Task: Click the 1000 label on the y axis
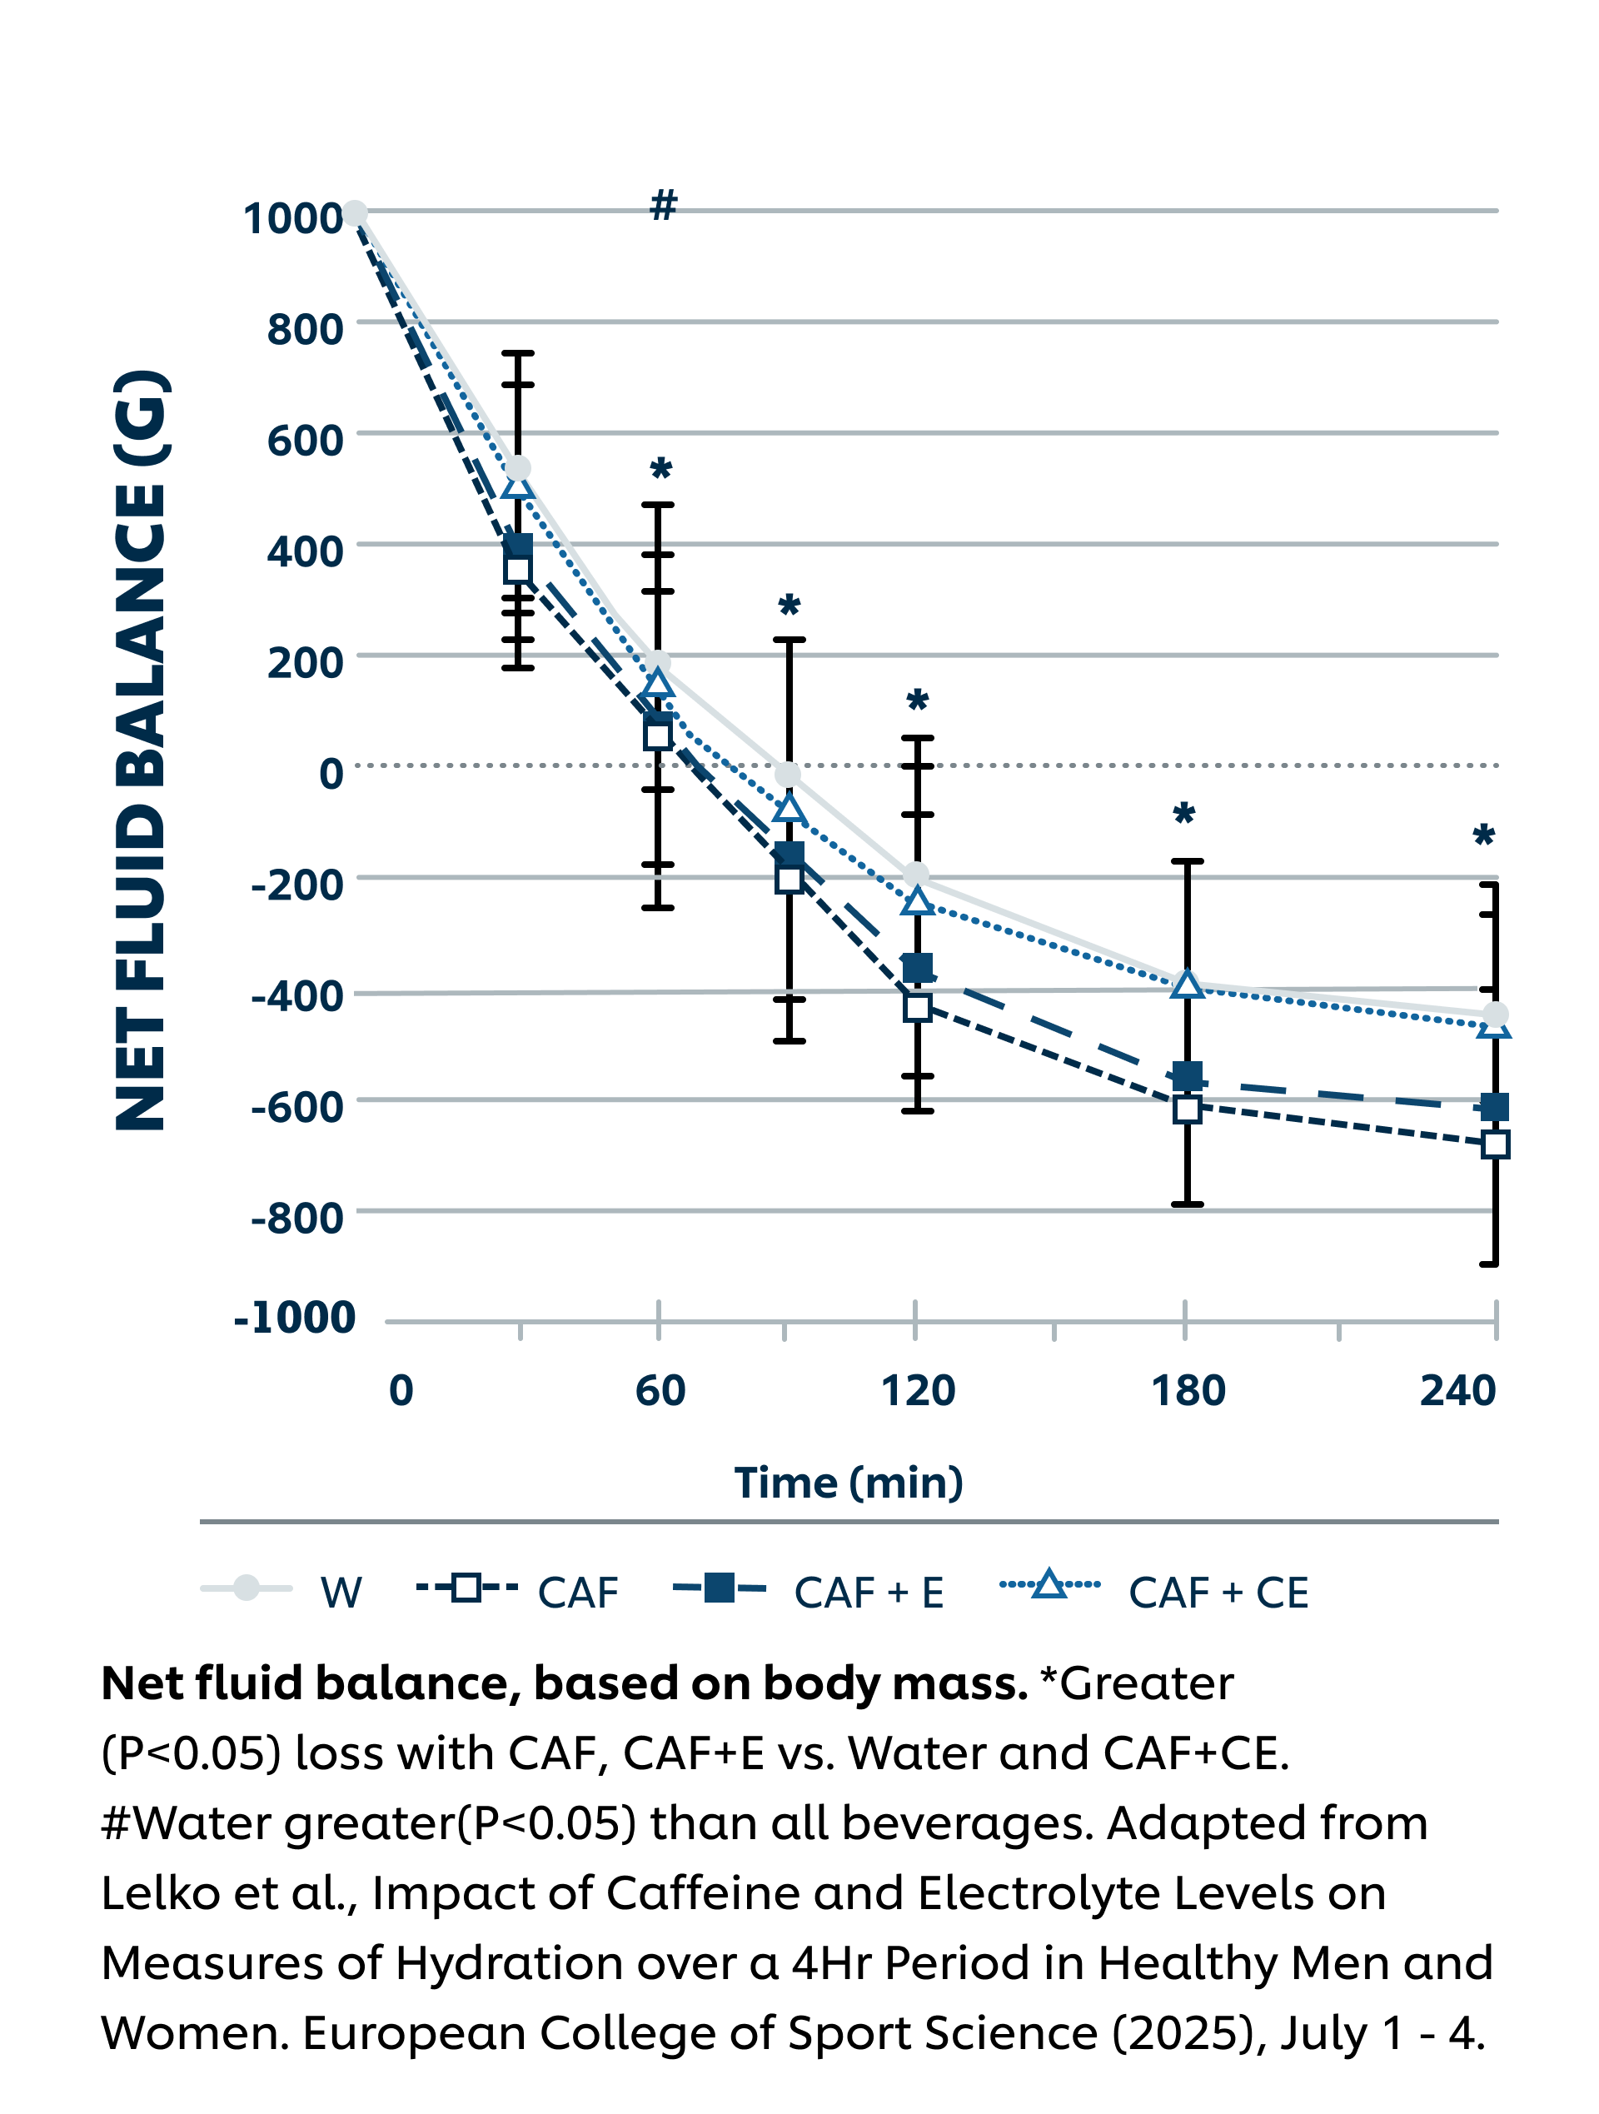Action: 292,219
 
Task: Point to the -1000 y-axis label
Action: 294,1318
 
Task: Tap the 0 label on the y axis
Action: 331,773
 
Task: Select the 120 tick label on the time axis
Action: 918,1390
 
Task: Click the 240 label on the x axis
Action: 1457,1390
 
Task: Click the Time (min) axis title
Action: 849,1483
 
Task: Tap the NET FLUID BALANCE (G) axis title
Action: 142,751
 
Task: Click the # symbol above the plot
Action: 663,205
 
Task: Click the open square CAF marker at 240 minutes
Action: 1495,1144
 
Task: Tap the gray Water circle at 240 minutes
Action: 1495,1014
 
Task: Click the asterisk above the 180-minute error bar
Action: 1184,815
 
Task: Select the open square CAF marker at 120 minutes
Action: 918,1006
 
